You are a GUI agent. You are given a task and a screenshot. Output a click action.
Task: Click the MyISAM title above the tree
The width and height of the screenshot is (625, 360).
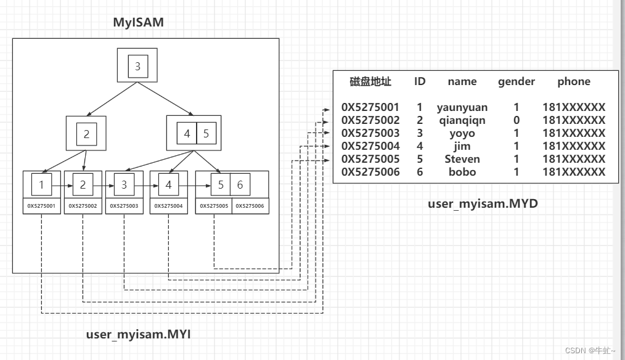click(139, 23)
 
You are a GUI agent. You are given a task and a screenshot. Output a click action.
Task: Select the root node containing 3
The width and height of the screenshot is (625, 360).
click(137, 67)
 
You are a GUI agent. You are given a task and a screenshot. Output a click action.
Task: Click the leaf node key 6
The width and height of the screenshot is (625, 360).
click(240, 184)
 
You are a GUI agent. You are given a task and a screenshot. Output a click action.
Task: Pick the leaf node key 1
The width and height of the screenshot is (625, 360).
click(41, 184)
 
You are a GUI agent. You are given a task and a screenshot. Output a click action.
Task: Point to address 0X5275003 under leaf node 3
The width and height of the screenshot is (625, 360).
click(125, 206)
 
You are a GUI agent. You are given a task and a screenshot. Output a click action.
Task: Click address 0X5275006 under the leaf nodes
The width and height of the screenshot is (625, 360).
click(250, 206)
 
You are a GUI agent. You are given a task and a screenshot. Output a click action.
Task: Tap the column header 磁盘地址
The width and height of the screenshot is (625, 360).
click(370, 81)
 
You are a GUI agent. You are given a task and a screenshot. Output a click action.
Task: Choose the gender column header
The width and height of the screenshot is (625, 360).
click(517, 81)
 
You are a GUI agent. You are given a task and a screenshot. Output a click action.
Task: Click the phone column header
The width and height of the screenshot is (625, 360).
click(574, 81)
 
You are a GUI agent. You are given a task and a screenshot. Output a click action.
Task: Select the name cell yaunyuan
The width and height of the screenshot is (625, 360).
click(462, 107)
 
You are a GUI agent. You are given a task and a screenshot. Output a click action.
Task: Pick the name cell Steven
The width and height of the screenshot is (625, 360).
click(462, 159)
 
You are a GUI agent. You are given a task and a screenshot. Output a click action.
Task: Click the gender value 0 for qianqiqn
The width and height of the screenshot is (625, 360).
click(517, 120)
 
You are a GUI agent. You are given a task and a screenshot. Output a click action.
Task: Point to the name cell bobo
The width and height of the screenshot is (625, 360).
click(462, 172)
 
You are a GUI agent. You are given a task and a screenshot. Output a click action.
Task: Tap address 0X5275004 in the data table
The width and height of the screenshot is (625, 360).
click(370, 146)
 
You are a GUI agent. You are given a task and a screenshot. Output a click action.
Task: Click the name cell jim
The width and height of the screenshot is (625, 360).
click(462, 146)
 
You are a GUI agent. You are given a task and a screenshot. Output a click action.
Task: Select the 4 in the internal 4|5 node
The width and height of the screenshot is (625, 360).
click(187, 133)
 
